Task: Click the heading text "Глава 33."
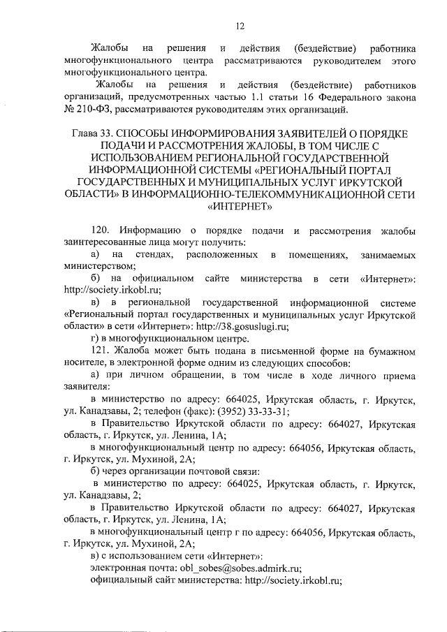tap(94, 133)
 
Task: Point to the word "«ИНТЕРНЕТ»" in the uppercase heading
tap(239, 206)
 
